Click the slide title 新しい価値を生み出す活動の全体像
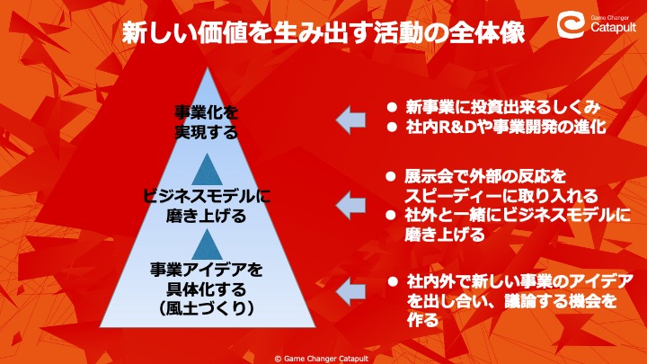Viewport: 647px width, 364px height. pos(323,32)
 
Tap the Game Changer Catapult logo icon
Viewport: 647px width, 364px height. pos(572,24)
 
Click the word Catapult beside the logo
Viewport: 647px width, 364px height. pos(613,27)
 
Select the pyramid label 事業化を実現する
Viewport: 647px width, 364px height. pos(207,122)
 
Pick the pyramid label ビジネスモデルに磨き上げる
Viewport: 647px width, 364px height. pos(207,206)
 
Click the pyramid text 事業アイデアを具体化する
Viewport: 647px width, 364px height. pos(207,280)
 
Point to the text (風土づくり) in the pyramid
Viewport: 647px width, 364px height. pos(207,308)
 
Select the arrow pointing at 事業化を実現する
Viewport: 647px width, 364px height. pos(350,120)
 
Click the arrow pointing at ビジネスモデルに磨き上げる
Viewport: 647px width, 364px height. pos(350,205)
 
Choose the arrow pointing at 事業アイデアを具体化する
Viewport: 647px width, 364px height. pos(350,291)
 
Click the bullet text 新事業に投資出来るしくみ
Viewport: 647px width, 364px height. pos(502,107)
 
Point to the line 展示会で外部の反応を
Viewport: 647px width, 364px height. pos(485,177)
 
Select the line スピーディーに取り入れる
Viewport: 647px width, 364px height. pos(501,196)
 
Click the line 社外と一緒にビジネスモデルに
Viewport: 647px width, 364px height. pos(518,215)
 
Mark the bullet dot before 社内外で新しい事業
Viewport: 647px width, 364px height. pos(393,282)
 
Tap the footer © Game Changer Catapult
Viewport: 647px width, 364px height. pos(322,359)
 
